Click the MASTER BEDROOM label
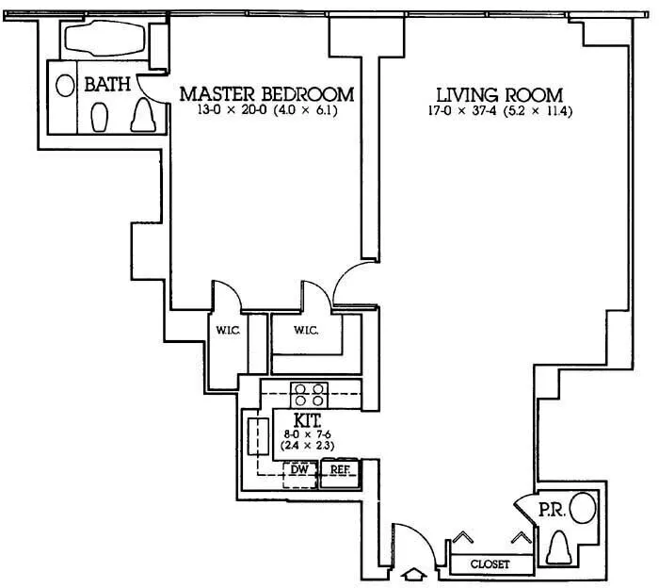pyautogui.click(x=266, y=94)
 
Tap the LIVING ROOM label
pyautogui.click(x=499, y=95)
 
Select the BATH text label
pyautogui.click(x=107, y=85)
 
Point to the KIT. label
pyautogui.click(x=309, y=417)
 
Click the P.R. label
pyautogui.click(x=551, y=510)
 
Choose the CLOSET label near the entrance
pyautogui.click(x=489, y=564)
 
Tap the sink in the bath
pyautogui.click(x=65, y=85)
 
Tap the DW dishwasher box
pyautogui.click(x=300, y=469)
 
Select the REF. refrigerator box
pyautogui.click(x=338, y=469)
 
